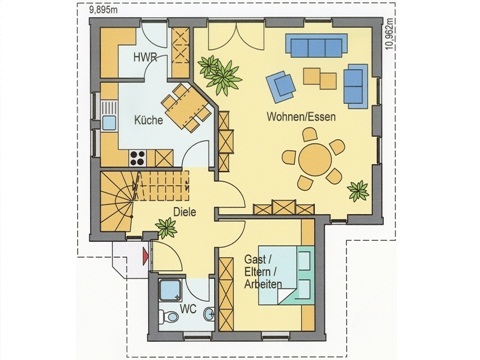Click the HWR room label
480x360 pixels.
145,57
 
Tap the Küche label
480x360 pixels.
149,120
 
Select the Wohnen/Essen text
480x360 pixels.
301,117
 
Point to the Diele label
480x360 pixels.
185,212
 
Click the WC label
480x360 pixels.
188,309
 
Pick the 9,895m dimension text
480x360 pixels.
103,10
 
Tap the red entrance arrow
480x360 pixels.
145,256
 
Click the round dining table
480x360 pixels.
315,159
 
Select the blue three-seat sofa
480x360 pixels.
316,46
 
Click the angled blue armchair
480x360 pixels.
281,86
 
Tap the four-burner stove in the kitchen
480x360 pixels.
138,158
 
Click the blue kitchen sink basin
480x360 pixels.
109,122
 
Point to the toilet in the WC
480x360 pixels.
169,316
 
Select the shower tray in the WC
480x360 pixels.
171,290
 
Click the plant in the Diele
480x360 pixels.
166,228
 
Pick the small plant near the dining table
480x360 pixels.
358,191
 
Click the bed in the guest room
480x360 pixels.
287,275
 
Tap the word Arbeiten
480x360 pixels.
263,284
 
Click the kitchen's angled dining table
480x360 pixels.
186,107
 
